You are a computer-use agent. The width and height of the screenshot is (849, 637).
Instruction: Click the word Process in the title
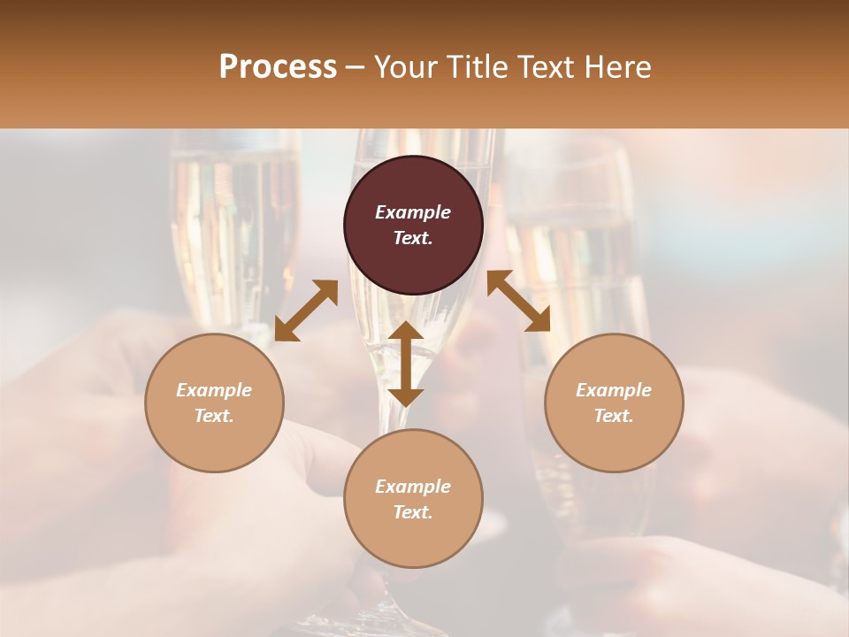coord(278,67)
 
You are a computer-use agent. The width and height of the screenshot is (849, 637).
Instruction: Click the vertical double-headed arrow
coord(406,364)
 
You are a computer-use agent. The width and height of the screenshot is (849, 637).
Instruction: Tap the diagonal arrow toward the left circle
coord(306,311)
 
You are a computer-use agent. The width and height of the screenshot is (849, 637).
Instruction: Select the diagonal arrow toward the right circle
coord(518,301)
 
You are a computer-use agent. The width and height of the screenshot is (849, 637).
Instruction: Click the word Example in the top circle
coord(413,212)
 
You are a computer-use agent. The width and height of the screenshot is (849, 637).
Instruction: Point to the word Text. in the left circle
coord(214,416)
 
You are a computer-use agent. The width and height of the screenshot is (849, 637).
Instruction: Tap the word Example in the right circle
coord(614,390)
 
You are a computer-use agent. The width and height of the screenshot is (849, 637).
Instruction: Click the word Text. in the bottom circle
coord(413,512)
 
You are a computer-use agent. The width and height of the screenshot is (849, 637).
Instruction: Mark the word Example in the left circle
coord(214,390)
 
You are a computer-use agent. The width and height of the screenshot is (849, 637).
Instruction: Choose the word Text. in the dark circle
coord(413,238)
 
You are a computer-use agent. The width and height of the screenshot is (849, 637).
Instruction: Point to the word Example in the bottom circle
coord(413,487)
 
